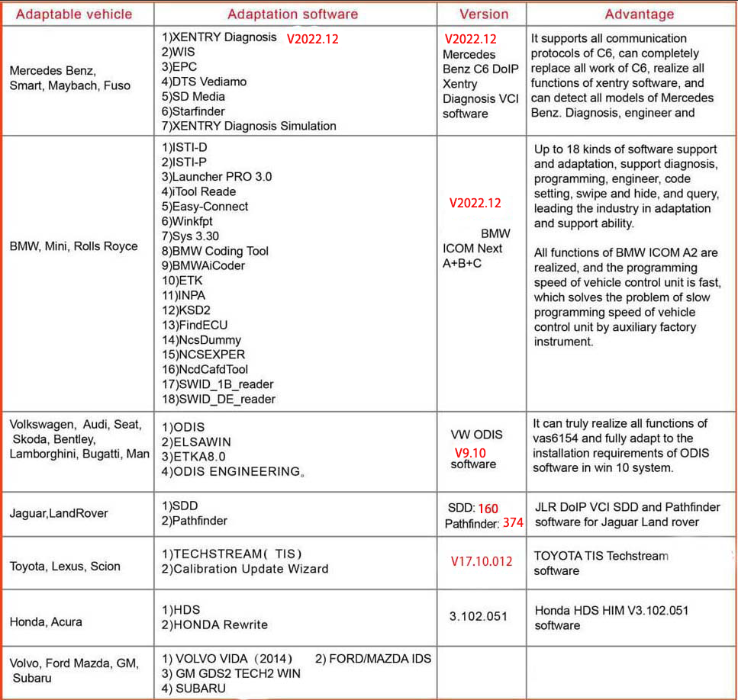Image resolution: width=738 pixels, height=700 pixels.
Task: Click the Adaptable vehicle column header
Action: click(74, 14)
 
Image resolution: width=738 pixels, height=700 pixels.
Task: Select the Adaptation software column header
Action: click(292, 14)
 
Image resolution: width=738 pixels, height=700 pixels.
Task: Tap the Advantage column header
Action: click(639, 14)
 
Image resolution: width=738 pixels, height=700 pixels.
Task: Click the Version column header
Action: click(483, 14)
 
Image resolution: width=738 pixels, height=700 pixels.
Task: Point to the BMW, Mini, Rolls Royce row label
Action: click(74, 246)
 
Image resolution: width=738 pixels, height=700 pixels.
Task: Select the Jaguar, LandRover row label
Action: click(59, 513)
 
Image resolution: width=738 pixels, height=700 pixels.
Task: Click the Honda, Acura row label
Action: click(46, 622)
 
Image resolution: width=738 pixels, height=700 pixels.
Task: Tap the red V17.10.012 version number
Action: click(481, 561)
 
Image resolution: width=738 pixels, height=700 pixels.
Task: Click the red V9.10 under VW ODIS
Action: click(470, 452)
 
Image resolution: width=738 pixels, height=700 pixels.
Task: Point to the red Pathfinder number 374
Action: click(513, 523)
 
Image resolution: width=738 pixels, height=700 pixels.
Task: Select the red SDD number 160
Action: click(488, 508)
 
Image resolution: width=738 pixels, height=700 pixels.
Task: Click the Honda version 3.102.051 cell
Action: click(478, 616)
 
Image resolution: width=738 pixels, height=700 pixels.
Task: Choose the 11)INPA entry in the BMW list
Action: click(183, 295)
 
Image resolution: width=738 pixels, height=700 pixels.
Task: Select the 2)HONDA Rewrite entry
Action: click(214, 625)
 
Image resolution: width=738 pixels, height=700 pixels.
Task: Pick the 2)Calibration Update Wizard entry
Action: click(244, 568)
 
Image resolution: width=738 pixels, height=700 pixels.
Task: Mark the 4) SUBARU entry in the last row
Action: click(194, 688)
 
